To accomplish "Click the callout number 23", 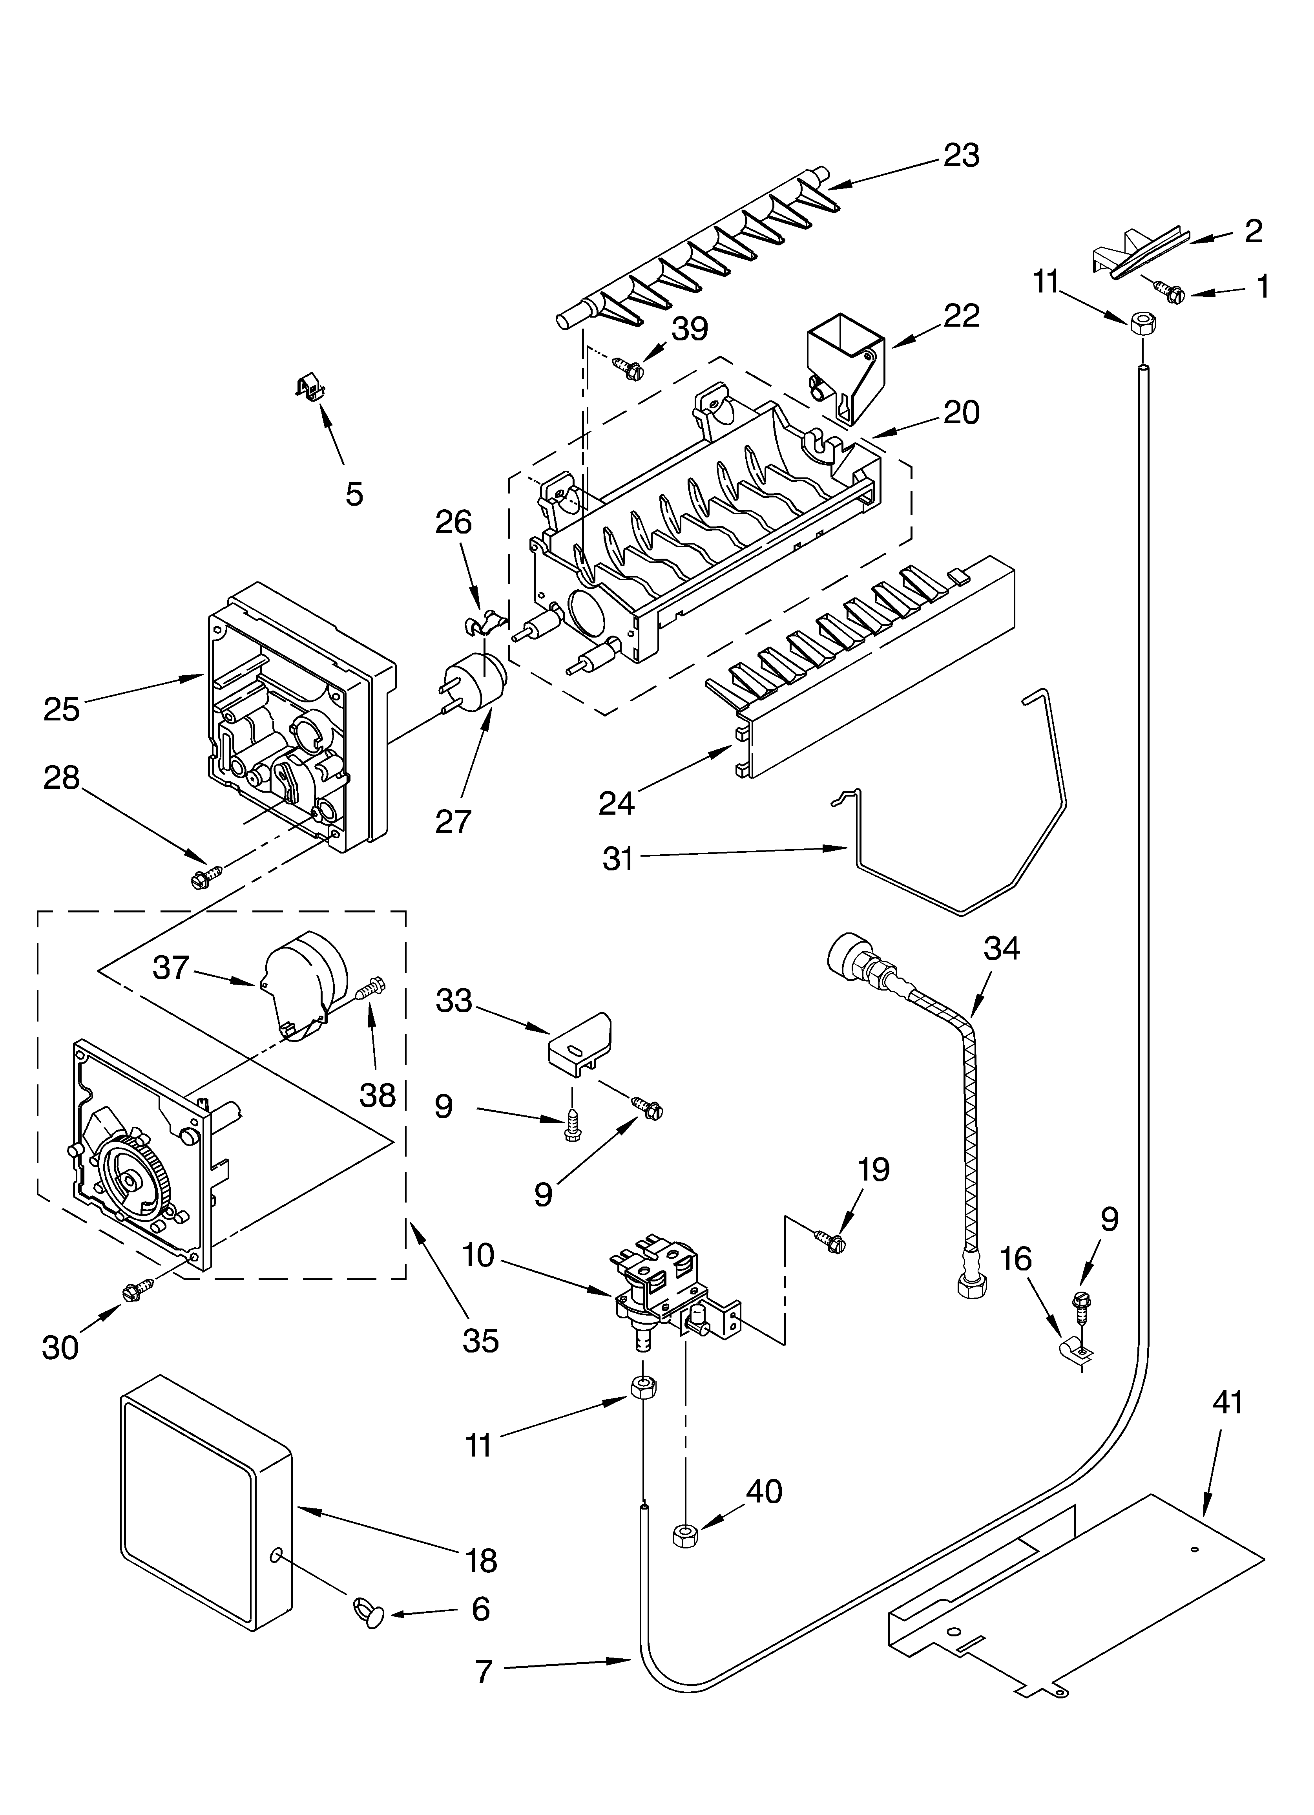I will point(960,155).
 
